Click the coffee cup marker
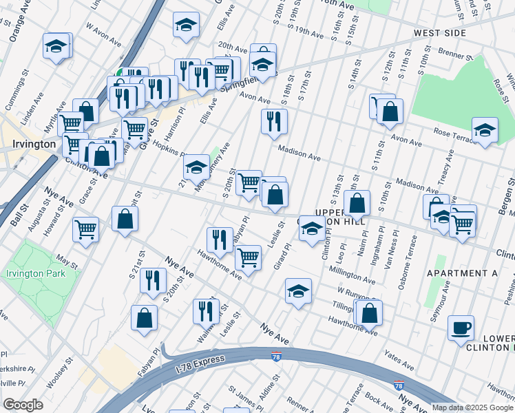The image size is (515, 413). pos(461,328)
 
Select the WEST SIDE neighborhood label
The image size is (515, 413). pos(439,32)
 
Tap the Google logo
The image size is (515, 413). pos(23,404)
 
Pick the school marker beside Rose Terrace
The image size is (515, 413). pos(485,129)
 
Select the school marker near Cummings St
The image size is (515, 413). pos(56,46)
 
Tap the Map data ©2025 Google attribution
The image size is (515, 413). pos(472,407)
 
